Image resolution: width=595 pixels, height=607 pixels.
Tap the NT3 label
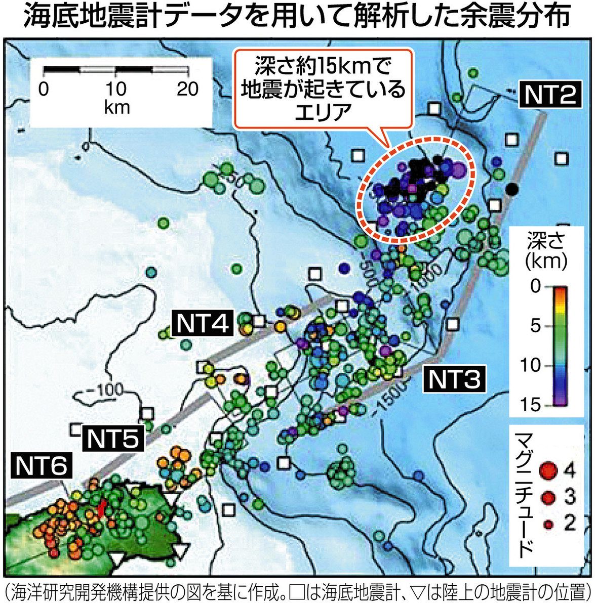[x=454, y=379]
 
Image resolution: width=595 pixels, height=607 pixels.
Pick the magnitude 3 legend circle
[x=547, y=499]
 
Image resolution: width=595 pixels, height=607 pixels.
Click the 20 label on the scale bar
[x=187, y=90]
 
